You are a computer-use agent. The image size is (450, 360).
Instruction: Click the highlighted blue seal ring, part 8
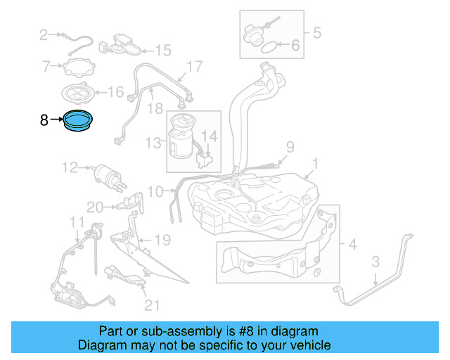(78, 121)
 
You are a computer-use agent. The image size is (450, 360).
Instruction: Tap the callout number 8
(44, 121)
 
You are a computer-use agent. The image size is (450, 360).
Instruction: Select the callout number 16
(115, 91)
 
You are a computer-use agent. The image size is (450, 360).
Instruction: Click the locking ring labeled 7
(77, 68)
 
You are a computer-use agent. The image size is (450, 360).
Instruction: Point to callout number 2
(43, 34)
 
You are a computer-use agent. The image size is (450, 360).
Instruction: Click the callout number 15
(163, 51)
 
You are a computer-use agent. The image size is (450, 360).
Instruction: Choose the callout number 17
(194, 67)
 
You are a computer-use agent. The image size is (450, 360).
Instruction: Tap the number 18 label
(155, 108)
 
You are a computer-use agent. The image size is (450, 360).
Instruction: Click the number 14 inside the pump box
(210, 135)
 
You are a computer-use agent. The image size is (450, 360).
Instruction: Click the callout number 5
(316, 32)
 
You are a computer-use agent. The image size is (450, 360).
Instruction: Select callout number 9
(288, 147)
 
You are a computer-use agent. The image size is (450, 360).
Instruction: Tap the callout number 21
(152, 304)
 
